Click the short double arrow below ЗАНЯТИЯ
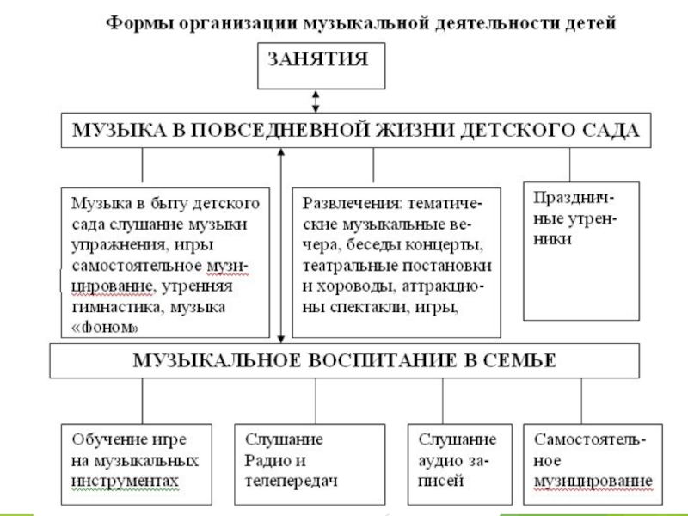point(316,101)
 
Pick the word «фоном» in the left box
point(104,326)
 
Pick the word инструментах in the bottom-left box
point(126,478)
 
